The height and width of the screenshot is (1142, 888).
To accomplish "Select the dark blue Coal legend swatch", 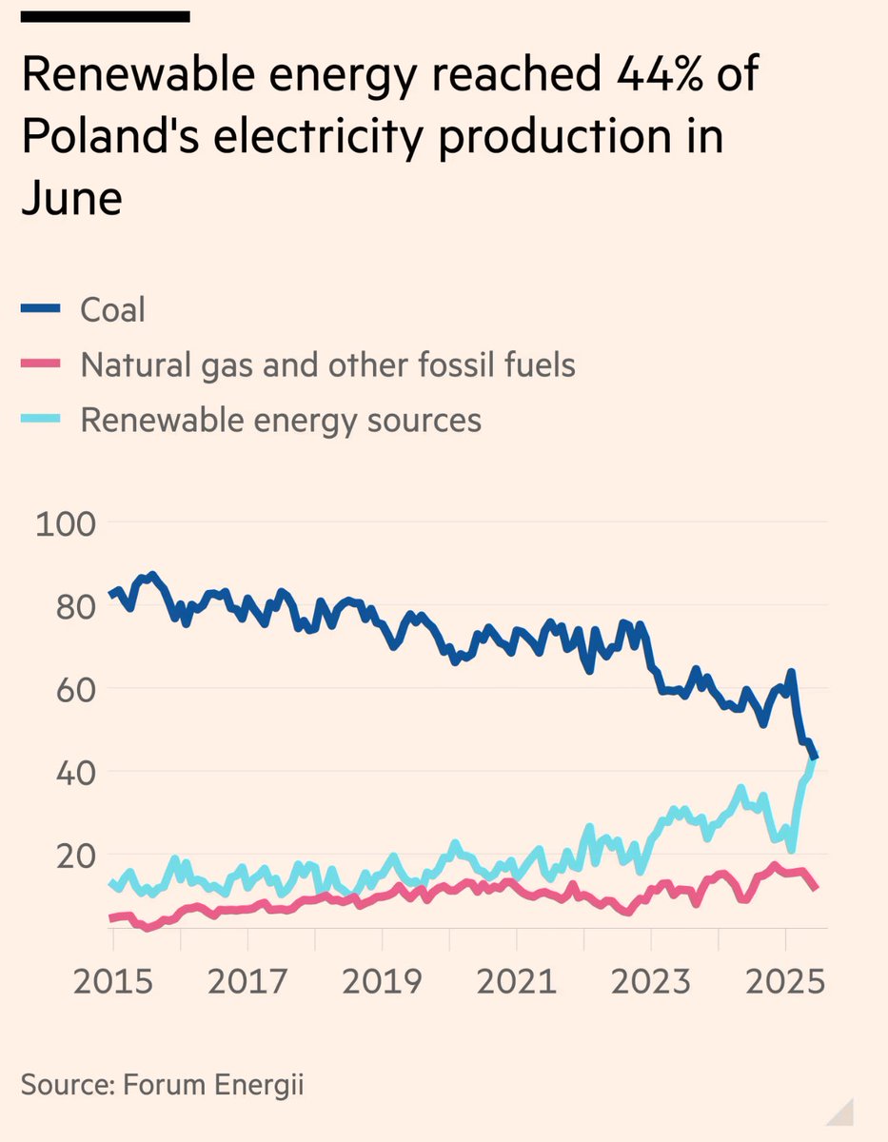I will pyautogui.click(x=41, y=308).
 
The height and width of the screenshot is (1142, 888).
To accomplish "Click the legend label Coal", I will pyautogui.click(x=112, y=309).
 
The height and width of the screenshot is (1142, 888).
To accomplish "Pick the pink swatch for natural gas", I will pyautogui.click(x=41, y=364).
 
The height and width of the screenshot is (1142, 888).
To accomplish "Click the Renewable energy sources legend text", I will pyautogui.click(x=281, y=420).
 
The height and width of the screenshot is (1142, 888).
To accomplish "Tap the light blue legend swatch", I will pyautogui.click(x=41, y=419).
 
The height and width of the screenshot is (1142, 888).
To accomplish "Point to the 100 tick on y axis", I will pyautogui.click(x=66, y=523).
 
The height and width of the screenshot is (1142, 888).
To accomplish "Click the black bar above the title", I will pyautogui.click(x=106, y=16).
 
